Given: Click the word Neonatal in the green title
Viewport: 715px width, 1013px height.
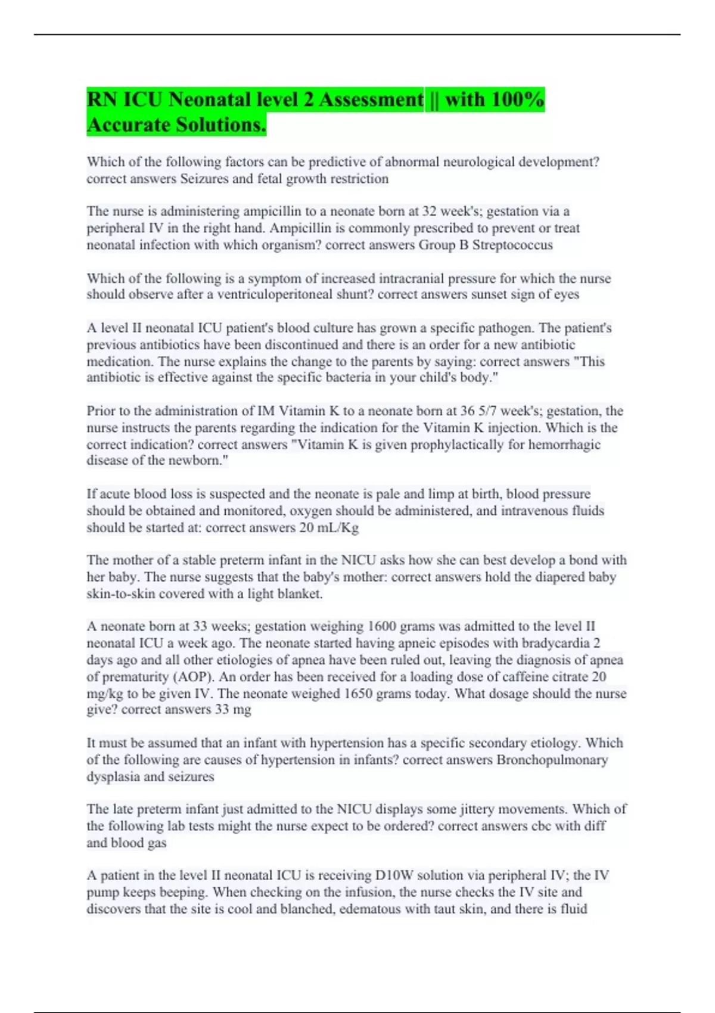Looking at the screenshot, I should point(207,100).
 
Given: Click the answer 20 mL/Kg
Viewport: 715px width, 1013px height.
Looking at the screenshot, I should point(329,527).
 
